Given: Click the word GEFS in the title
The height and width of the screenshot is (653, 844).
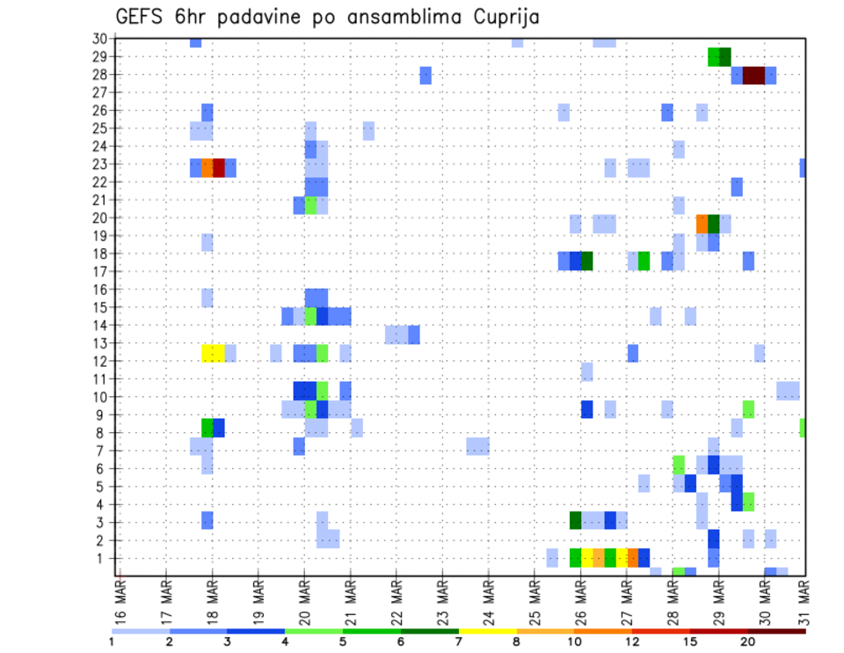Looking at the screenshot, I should pyautogui.click(x=141, y=17).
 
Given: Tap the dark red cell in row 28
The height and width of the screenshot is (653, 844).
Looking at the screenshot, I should pyautogui.click(x=753, y=76).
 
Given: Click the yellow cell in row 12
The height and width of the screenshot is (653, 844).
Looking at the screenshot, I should pyautogui.click(x=213, y=353).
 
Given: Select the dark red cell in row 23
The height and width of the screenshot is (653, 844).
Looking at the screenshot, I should pyautogui.click(x=219, y=167).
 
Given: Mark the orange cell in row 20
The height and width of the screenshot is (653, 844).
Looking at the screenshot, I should pyautogui.click(x=702, y=224).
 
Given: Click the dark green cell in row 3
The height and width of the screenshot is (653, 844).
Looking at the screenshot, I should pyautogui.click(x=576, y=520).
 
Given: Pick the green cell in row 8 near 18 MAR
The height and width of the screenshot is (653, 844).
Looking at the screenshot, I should pyautogui.click(x=207, y=428).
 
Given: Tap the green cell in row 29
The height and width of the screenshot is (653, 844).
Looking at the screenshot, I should pyautogui.click(x=715, y=56).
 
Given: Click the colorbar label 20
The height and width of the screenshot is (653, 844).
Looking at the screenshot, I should pyautogui.click(x=748, y=642).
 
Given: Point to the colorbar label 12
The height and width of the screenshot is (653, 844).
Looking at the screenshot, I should pyautogui.click(x=633, y=642).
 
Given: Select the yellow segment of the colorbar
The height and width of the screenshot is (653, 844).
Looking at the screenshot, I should pyautogui.click(x=488, y=631).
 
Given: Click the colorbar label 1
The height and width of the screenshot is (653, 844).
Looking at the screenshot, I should pyautogui.click(x=112, y=642).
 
